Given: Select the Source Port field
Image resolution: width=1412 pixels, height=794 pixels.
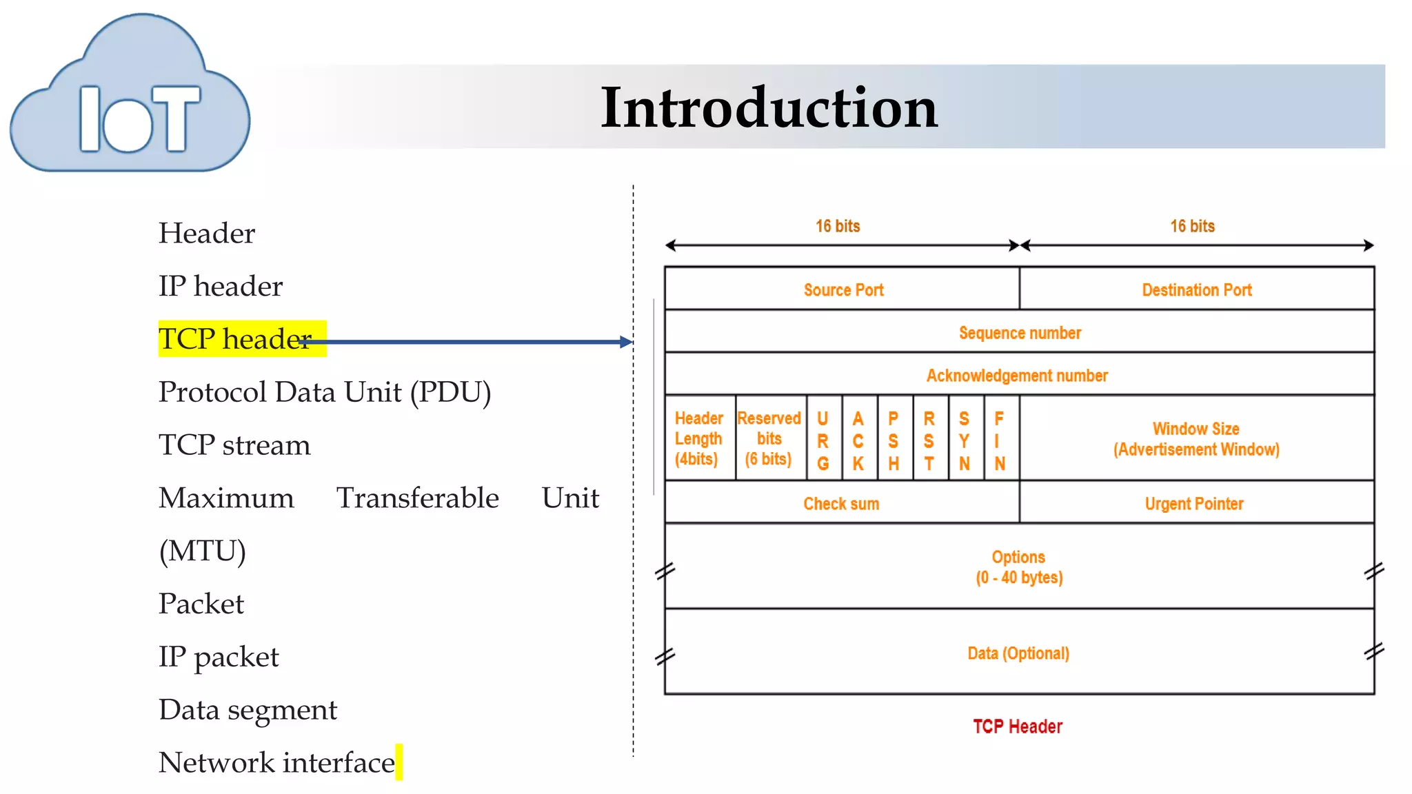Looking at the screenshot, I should point(843,289).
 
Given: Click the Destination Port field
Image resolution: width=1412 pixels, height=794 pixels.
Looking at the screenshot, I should point(1196,289).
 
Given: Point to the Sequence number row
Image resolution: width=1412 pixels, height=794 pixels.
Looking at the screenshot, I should point(1019,333).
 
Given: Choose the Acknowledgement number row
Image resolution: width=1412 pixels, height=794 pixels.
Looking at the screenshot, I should point(1016,376).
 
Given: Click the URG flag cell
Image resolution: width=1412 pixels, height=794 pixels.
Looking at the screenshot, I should point(823,440).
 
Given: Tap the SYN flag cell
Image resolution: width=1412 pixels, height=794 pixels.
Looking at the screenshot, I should point(964,440).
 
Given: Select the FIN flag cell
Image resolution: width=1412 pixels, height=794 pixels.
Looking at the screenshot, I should point(999,440).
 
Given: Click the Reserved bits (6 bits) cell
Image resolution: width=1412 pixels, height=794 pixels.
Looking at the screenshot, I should point(769,438).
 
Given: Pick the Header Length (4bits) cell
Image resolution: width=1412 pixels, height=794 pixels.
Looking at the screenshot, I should point(698,438).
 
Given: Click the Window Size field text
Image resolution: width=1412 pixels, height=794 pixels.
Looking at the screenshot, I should point(1196,439).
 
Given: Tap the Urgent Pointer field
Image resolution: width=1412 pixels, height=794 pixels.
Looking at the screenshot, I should point(1193,504).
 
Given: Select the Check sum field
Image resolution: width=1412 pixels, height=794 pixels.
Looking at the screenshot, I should point(840,504).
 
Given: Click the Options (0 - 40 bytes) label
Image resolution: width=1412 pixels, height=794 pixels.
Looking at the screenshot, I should point(1018,567).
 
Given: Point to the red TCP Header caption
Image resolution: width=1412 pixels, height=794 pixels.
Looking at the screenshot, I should point(1017,726).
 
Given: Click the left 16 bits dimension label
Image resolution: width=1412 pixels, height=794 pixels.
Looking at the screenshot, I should point(837,226).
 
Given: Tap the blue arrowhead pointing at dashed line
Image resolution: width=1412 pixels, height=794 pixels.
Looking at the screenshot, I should point(626,342).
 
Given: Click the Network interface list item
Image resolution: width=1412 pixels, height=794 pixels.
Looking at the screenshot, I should point(276,762).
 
